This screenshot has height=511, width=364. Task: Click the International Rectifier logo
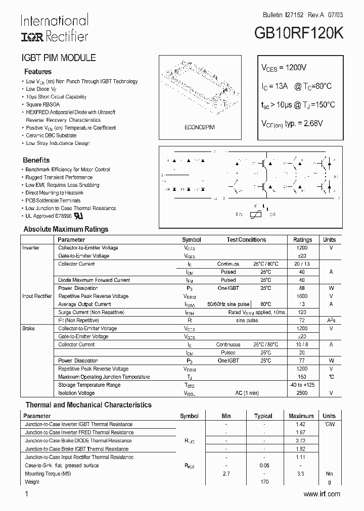click(54, 28)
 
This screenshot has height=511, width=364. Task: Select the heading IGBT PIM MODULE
click(58, 58)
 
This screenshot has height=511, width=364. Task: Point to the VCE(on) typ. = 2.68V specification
click(292, 123)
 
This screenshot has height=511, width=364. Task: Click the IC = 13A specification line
click(296, 86)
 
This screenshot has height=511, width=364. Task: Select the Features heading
click(38, 72)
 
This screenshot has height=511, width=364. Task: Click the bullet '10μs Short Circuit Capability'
click(56, 97)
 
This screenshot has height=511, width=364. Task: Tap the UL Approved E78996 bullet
click(49, 216)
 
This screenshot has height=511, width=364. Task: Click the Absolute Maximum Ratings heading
click(66, 229)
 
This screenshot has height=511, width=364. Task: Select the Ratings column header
click(302, 240)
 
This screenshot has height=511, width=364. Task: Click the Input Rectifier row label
click(37, 296)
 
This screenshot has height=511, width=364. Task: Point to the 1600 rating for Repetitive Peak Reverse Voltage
click(302, 296)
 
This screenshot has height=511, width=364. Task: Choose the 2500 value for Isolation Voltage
click(302, 393)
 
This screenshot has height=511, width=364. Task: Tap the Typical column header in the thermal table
click(263, 417)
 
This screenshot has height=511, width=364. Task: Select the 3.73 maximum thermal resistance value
click(300, 441)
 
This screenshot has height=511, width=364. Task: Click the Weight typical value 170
click(263, 482)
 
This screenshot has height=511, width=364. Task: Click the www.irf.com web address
click(322, 494)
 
